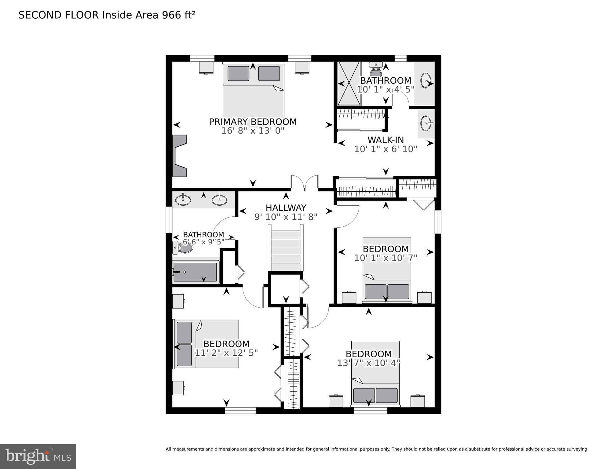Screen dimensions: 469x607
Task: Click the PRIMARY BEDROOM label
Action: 253,122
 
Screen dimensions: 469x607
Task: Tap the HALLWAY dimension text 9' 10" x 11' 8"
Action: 286,217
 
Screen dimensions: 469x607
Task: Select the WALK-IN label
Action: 386,140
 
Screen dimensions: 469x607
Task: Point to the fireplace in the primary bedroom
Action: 179,156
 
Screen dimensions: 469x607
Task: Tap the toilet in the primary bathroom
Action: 375,70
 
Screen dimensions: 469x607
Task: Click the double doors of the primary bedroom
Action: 304,183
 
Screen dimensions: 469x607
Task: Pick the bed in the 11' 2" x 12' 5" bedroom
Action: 207,344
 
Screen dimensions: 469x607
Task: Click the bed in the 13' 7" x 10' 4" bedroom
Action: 375,373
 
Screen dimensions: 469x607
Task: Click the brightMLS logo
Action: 38,456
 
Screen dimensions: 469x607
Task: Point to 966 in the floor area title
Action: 171,15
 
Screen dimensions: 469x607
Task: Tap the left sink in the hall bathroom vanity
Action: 183,200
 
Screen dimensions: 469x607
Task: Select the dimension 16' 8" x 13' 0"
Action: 253,131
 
